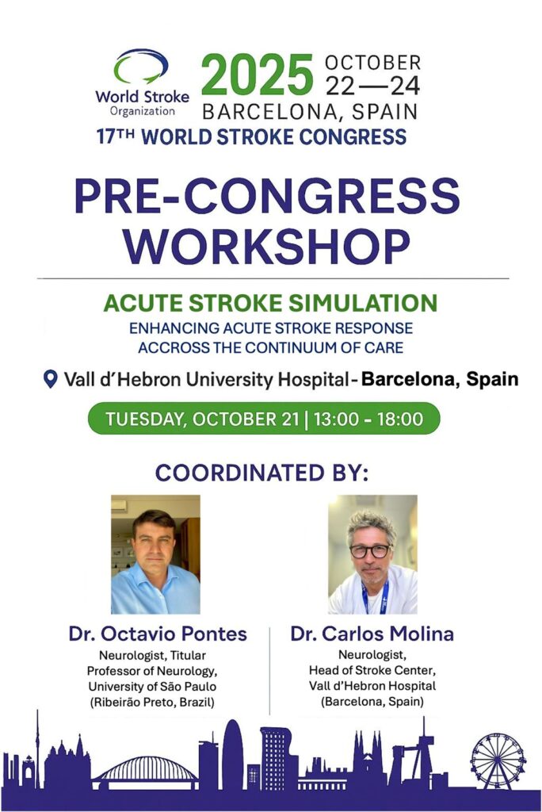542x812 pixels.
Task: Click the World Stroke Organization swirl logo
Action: tap(141, 67)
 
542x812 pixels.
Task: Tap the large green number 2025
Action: tap(258, 75)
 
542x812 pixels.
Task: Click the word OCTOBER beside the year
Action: tap(372, 63)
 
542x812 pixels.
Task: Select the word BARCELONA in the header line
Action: tap(269, 112)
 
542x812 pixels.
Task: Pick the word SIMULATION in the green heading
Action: tap(363, 304)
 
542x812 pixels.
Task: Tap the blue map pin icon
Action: tap(50, 379)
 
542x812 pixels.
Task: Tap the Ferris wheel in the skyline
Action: tap(498, 760)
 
